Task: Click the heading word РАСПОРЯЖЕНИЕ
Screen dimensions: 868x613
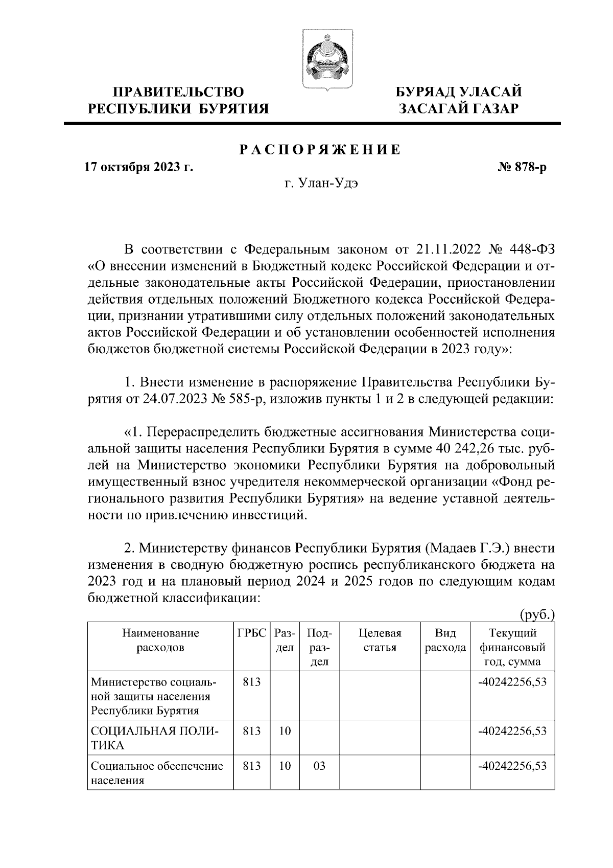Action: coord(320,150)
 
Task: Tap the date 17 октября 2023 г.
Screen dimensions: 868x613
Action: coord(139,167)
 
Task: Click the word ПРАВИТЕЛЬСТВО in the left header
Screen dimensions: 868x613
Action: coord(178,92)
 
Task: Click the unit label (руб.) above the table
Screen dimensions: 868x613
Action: coord(537,614)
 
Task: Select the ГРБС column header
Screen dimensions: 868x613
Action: coord(252,633)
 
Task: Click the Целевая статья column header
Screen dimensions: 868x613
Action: coord(380,641)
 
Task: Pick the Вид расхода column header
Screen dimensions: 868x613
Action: coord(445,641)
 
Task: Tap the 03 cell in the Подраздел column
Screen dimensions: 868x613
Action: coord(319,766)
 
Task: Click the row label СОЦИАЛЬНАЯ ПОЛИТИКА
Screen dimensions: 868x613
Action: coord(154,738)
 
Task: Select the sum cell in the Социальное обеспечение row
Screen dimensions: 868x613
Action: coord(512,766)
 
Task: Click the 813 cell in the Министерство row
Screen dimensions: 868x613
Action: coord(252,682)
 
